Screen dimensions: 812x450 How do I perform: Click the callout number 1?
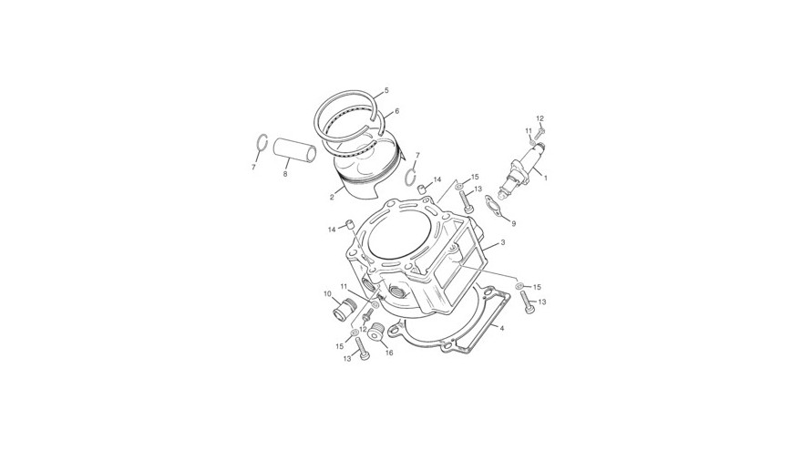coord(545,178)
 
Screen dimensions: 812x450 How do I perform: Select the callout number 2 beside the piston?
coord(332,197)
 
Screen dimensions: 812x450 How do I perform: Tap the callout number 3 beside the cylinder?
coord(503,241)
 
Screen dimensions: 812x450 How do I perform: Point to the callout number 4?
coord(502,328)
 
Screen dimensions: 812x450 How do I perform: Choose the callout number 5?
coord(386,90)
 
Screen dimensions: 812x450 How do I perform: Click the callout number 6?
coord(397,111)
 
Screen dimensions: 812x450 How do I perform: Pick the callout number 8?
coord(285,174)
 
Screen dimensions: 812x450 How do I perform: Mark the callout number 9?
coord(514,224)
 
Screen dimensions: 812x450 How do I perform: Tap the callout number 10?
coord(327,293)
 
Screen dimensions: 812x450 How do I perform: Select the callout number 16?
coord(389,353)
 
